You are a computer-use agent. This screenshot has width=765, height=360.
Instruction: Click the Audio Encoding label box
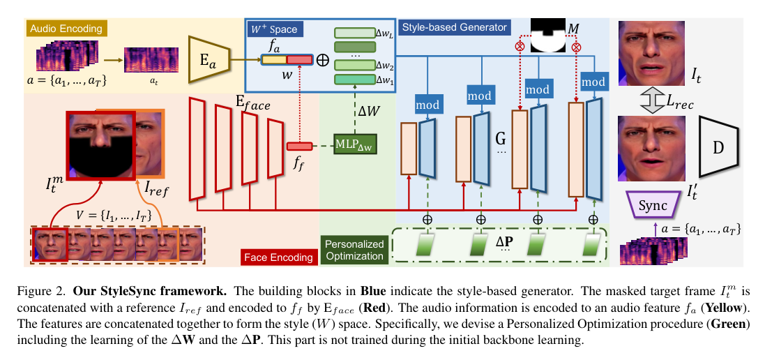[66, 29]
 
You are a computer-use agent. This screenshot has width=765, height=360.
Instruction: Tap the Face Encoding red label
[277, 257]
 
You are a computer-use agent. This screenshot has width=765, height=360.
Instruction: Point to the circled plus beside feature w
[322, 60]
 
